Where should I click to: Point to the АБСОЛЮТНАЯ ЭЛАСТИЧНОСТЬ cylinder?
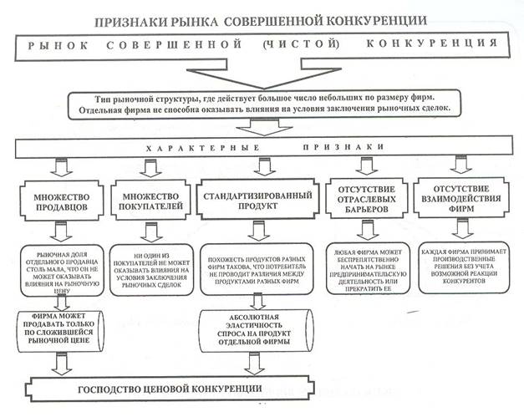pos(257,330)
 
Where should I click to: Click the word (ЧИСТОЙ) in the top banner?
pos(301,43)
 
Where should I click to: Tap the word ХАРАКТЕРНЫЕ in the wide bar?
pos(203,148)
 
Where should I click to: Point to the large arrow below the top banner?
pos(264,74)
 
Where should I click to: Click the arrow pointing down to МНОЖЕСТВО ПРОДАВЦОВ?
pos(62,167)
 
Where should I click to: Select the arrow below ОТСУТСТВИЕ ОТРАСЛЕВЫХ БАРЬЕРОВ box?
pos(367,230)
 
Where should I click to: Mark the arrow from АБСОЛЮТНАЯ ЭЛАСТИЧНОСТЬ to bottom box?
pos(255,364)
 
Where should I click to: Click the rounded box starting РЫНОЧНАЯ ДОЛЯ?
pos(62,271)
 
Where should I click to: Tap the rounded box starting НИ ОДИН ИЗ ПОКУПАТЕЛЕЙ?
pos(151,270)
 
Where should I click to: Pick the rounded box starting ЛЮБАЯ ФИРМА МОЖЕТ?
pos(368,268)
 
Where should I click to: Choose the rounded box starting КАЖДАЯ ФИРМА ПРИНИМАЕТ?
pos(464,268)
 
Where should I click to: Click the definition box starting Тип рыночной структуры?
pos(264,104)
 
